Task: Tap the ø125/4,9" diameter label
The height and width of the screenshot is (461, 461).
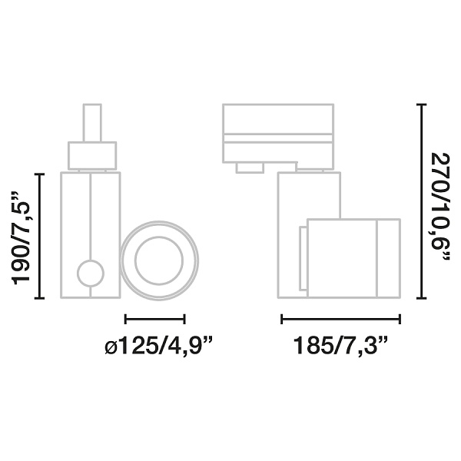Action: (158, 347)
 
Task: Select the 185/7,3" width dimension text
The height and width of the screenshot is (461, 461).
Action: (340, 347)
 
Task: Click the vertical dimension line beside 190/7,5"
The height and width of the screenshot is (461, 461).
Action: (41, 236)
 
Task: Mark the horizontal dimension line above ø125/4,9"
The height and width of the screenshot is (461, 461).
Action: (154, 318)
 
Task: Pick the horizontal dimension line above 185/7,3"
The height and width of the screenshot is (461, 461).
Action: (340, 318)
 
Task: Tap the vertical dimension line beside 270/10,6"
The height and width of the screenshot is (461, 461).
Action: (420, 202)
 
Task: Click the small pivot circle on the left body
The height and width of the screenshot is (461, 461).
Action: (90, 274)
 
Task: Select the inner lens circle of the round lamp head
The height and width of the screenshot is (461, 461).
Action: (159, 261)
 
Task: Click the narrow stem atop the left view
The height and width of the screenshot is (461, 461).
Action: (92, 123)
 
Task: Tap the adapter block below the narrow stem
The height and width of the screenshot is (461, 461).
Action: (92, 154)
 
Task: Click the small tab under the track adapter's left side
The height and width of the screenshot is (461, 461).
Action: (250, 167)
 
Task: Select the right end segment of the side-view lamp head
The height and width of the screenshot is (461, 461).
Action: (388, 258)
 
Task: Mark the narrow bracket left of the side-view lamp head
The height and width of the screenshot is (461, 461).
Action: (302, 259)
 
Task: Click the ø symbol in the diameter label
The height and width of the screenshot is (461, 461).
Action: (111, 348)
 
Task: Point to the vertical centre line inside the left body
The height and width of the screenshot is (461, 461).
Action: (91, 215)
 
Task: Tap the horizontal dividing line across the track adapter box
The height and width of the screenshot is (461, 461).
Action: (277, 135)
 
